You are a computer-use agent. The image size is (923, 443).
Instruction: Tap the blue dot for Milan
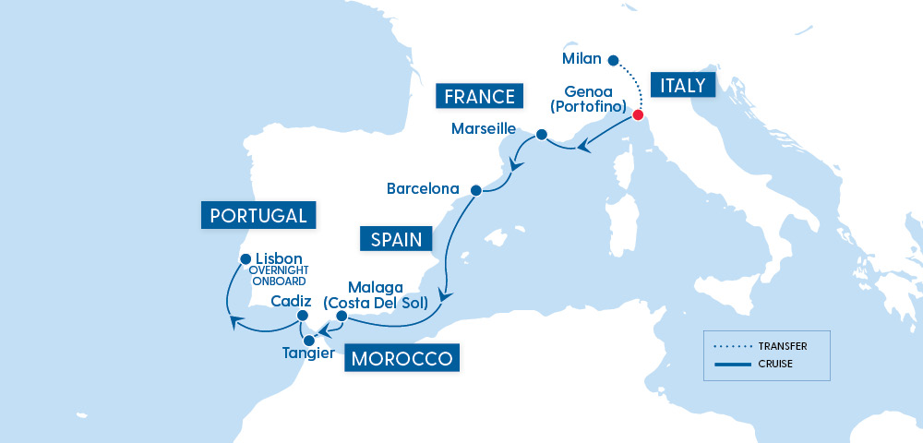pyautogui.click(x=612, y=60)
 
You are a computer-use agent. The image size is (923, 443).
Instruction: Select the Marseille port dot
pyautogui.click(x=542, y=136)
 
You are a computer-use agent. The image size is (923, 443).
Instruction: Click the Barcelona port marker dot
pyautogui.click(x=475, y=191)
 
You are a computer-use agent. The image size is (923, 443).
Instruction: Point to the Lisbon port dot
pyautogui.click(x=245, y=259)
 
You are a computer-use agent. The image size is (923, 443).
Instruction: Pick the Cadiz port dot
pyautogui.click(x=302, y=316)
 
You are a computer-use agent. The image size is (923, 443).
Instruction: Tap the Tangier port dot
pyautogui.click(x=308, y=340)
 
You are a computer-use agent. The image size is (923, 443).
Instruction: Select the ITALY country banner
pyautogui.click(x=683, y=86)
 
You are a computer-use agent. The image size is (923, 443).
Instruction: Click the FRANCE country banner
pyautogui.click(x=478, y=96)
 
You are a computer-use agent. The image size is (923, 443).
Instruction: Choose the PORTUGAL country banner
pyautogui.click(x=258, y=216)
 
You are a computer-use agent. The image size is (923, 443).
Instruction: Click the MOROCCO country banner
pyautogui.click(x=401, y=358)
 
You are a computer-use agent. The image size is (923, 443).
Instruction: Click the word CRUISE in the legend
pyautogui.click(x=777, y=364)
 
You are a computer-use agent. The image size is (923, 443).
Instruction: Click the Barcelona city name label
pyautogui.click(x=423, y=189)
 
